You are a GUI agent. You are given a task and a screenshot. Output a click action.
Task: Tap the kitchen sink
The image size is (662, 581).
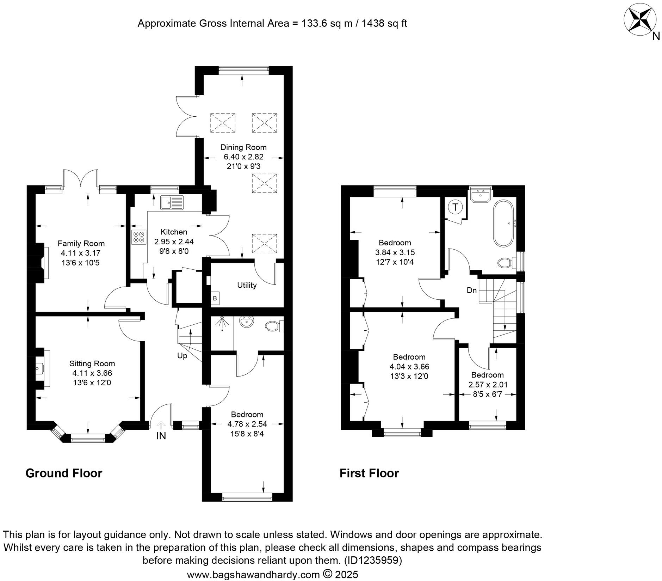(x=172, y=203)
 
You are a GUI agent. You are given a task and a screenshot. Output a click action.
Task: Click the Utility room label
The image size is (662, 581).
(x=247, y=285)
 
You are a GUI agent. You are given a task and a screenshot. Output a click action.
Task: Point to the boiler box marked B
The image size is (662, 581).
(x=215, y=299)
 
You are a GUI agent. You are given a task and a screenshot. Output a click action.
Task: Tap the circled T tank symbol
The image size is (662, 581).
(x=456, y=207)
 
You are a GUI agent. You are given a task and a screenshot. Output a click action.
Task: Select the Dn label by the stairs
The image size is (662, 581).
(x=471, y=290)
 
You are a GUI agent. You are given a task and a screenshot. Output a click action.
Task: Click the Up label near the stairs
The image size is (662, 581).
(x=182, y=356)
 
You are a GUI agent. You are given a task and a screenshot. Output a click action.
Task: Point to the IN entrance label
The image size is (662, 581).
(x=161, y=436)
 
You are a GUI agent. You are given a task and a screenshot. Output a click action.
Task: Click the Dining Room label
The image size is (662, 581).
(x=243, y=147)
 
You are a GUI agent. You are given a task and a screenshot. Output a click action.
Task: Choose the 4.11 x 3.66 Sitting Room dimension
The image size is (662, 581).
(x=92, y=373)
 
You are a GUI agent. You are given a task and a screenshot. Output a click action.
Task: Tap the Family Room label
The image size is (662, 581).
(x=81, y=243)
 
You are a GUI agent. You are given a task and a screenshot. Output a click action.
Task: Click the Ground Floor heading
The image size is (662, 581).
(x=64, y=473)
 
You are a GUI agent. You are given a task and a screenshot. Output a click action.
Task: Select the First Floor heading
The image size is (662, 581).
(x=369, y=473)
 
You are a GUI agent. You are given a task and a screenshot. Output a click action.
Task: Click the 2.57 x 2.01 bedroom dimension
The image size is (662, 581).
(x=488, y=385)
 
